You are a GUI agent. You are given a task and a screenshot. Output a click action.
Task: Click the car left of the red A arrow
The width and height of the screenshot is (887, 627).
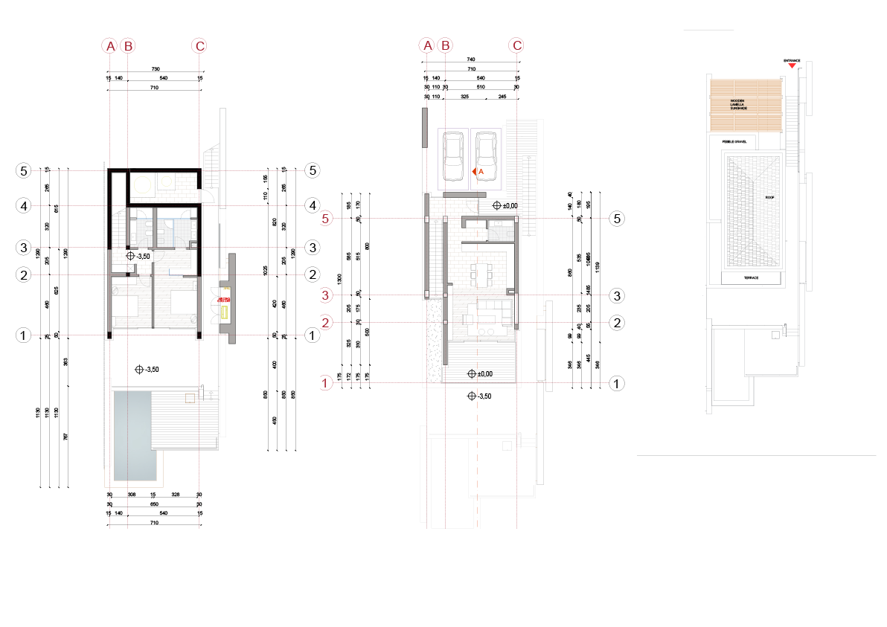[x=452, y=155]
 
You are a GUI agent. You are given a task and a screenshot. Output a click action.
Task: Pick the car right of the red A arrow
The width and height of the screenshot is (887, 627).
[x=485, y=155]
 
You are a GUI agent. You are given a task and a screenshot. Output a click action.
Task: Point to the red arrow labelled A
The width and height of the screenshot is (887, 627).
[x=476, y=172]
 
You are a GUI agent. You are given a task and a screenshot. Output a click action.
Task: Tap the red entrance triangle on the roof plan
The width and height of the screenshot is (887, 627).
[x=792, y=66]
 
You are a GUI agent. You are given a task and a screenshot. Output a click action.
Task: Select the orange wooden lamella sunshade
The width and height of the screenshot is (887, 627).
[x=745, y=106]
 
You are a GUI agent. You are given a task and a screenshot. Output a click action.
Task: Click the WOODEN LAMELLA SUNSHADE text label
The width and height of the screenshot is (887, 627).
[x=738, y=105]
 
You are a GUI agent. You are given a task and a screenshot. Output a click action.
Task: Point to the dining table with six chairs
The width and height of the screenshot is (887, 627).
[x=482, y=275]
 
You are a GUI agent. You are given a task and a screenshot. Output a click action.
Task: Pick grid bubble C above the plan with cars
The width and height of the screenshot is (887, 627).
[x=516, y=45]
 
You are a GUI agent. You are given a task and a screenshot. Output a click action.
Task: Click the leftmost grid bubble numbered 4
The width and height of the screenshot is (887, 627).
[x=24, y=205]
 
